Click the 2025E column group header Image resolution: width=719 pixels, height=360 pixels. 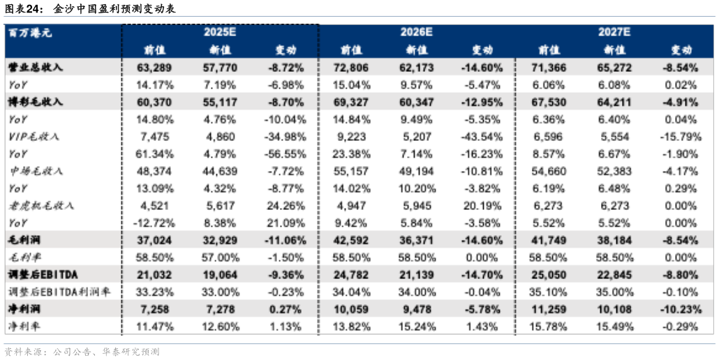point(220,32)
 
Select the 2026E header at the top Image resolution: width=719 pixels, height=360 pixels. point(417,32)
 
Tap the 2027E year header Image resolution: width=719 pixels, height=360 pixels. point(614,32)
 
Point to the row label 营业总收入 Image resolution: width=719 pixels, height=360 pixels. point(35,67)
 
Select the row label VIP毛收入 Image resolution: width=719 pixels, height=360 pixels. point(34,136)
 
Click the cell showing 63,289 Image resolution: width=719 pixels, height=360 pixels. point(154,68)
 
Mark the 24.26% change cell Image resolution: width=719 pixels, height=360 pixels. point(286,206)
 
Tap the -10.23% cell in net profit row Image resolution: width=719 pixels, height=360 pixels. point(677,309)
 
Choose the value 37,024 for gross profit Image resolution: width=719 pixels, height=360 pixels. point(154,240)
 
